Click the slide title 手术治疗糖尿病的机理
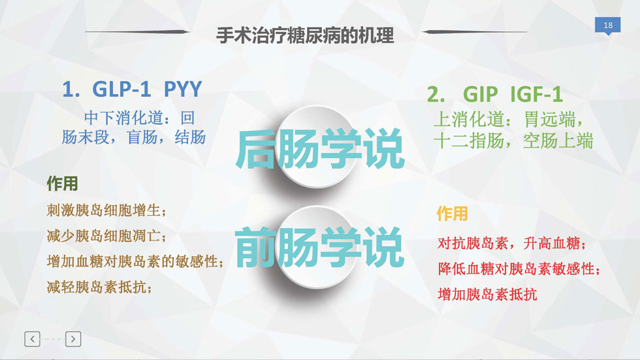pos(305,35)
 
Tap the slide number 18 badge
pos(608,25)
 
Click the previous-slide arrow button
pos(32,339)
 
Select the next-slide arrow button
pos(73,339)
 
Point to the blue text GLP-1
pos(121,89)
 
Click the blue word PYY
pos(182,89)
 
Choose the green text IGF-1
pos(536,94)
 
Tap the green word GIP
pos(480,94)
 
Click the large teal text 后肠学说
pos(319,148)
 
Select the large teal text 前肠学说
pos(319,248)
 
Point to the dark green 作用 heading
pos(62,184)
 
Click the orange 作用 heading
pos(452,214)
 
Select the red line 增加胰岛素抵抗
pos(487,294)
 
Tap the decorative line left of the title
pos(138,31)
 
